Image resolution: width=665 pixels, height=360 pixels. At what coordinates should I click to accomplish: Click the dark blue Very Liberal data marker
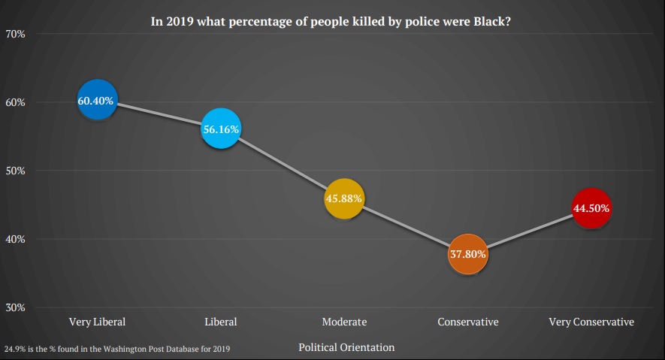pos(97,100)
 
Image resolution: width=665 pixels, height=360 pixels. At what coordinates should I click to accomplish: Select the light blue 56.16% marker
pos(220,129)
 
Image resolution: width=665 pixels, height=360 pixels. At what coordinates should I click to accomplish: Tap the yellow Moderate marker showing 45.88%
pos(344,198)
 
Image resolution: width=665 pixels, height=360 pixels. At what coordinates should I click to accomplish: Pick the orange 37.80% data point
pos(467,253)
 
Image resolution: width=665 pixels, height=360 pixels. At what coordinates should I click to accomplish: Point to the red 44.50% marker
pos(591,208)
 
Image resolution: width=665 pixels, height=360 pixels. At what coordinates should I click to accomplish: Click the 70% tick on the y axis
pos(17,34)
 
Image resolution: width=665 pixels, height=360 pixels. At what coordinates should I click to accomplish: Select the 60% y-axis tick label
pos(17,102)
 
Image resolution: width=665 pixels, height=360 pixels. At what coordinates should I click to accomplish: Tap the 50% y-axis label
pos(17,171)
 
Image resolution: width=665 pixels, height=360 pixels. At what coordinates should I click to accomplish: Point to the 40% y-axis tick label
pos(17,239)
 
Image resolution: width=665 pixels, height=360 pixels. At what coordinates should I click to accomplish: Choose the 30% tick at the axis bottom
pos(17,307)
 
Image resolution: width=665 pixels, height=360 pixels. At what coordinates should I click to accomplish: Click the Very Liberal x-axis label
pos(97,322)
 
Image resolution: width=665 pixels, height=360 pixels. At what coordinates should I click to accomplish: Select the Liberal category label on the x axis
pos(220,322)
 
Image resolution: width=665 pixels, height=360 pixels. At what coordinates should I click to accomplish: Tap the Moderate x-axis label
pos(344,322)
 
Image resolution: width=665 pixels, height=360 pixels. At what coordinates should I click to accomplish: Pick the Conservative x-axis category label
pos(467,322)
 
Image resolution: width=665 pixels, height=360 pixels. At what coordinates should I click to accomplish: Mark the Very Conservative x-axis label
pos(591,322)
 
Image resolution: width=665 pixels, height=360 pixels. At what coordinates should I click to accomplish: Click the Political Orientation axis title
pos(346,347)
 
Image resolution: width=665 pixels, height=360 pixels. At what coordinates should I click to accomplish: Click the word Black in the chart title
pos(489,22)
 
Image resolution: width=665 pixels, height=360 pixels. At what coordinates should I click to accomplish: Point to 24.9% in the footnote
pos(17,349)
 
